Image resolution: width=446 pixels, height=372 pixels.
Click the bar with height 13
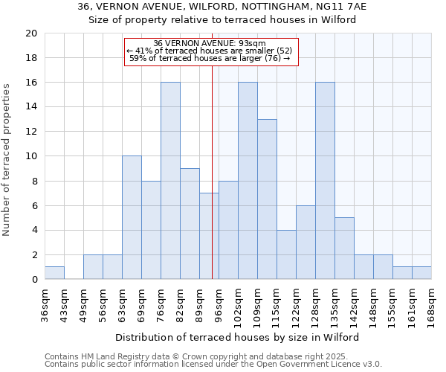pyautogui.click(x=267, y=199)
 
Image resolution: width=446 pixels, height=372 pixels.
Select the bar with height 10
pyautogui.click(x=132, y=217)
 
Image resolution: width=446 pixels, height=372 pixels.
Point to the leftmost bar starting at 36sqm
pyautogui.click(x=54, y=273)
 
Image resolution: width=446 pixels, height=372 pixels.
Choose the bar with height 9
pyautogui.click(x=190, y=224)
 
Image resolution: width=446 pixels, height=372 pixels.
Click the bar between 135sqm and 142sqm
pyautogui.click(x=344, y=248)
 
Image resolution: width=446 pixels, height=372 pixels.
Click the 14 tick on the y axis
pyautogui.click(x=31, y=107)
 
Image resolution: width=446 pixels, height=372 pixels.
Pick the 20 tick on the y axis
pyautogui.click(x=31, y=33)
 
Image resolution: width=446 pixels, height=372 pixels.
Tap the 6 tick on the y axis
pyautogui.click(x=34, y=206)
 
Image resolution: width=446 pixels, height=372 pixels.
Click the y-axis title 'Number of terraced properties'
pyautogui.click(x=7, y=160)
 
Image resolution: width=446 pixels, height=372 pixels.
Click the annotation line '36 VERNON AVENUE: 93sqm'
pyautogui.click(x=211, y=43)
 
